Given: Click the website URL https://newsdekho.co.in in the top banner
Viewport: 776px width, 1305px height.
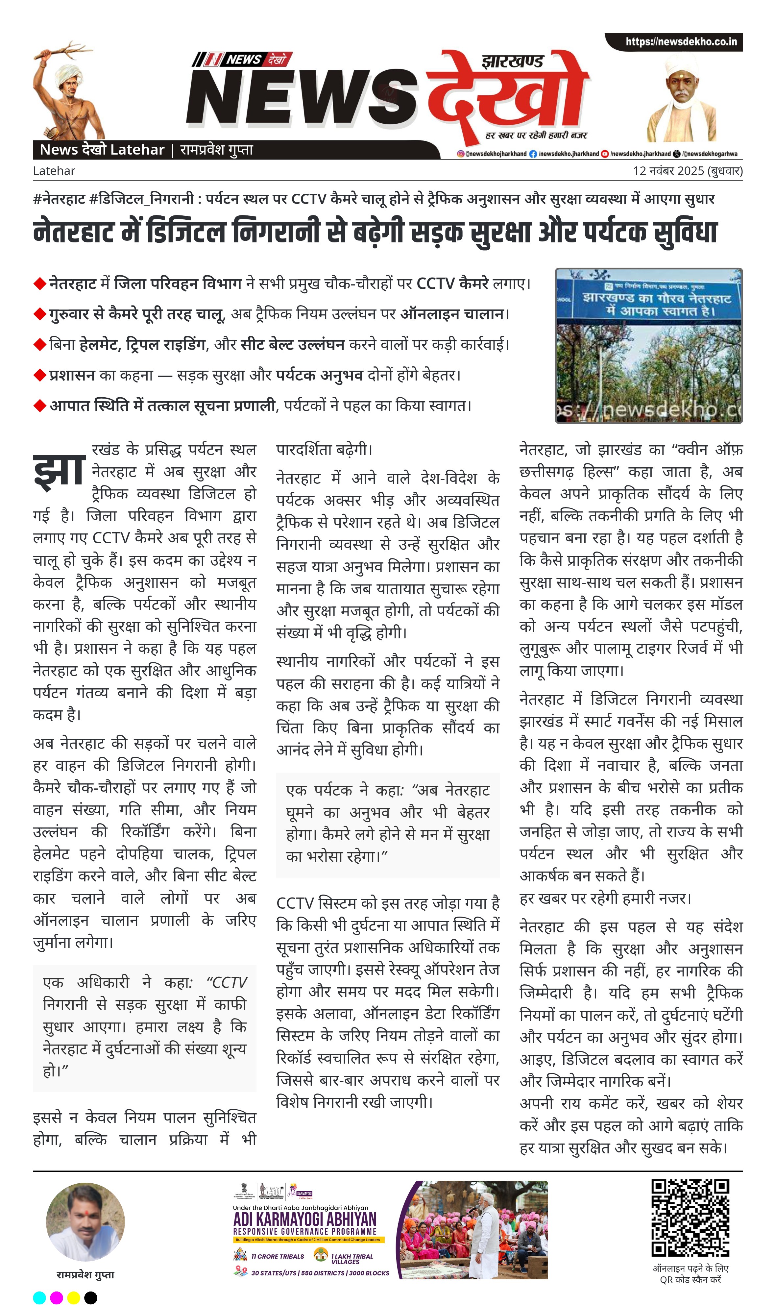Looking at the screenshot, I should tap(681, 42).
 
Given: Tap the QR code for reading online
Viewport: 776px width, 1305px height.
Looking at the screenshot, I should tap(690, 1217).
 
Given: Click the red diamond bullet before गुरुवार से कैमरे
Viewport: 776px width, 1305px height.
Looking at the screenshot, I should tap(40, 314).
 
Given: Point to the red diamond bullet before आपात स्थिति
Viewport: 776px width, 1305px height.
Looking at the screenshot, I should tap(40, 406).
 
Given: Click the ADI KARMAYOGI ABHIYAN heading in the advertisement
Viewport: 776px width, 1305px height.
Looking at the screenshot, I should tap(304, 1219).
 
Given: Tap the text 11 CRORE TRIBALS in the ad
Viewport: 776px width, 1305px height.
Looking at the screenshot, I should tap(277, 1256).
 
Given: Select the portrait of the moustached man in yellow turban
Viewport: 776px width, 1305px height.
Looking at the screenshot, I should tap(682, 99).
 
